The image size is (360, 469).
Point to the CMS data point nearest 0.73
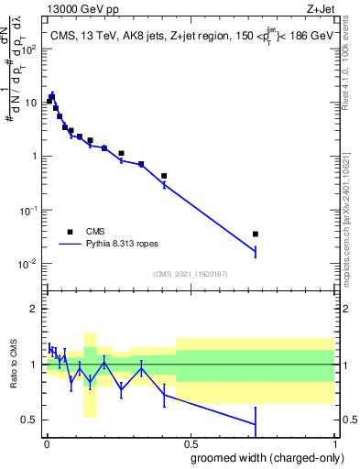click(x=256, y=234)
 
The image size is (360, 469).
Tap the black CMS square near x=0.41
click(x=164, y=176)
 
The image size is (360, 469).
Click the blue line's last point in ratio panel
click(x=256, y=424)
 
